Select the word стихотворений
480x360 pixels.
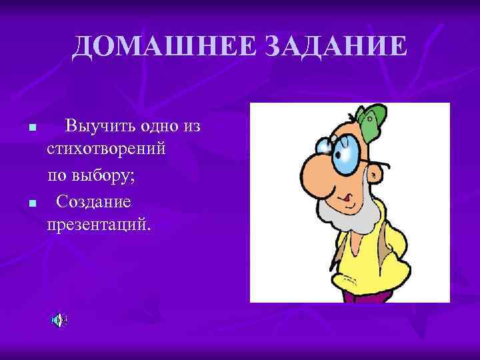(106, 150)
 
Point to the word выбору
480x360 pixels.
(101, 176)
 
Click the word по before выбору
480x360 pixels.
(55, 176)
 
